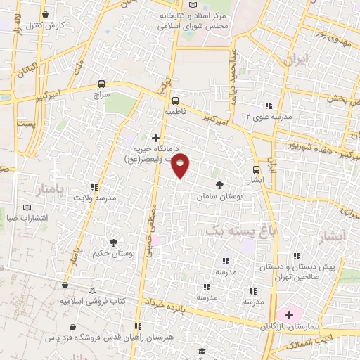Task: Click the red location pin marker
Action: pos(181,165)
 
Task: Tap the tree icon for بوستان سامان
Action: pos(220,186)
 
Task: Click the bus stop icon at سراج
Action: pos(103,82)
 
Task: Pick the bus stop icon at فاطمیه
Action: pos(176,100)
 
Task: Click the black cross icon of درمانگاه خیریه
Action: pos(155,137)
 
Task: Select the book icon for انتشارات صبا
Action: pos(27,208)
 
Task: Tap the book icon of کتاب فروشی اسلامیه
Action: pos(65,287)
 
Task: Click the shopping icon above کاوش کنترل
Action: pos(46,14)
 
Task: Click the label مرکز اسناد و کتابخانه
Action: pos(193,13)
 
